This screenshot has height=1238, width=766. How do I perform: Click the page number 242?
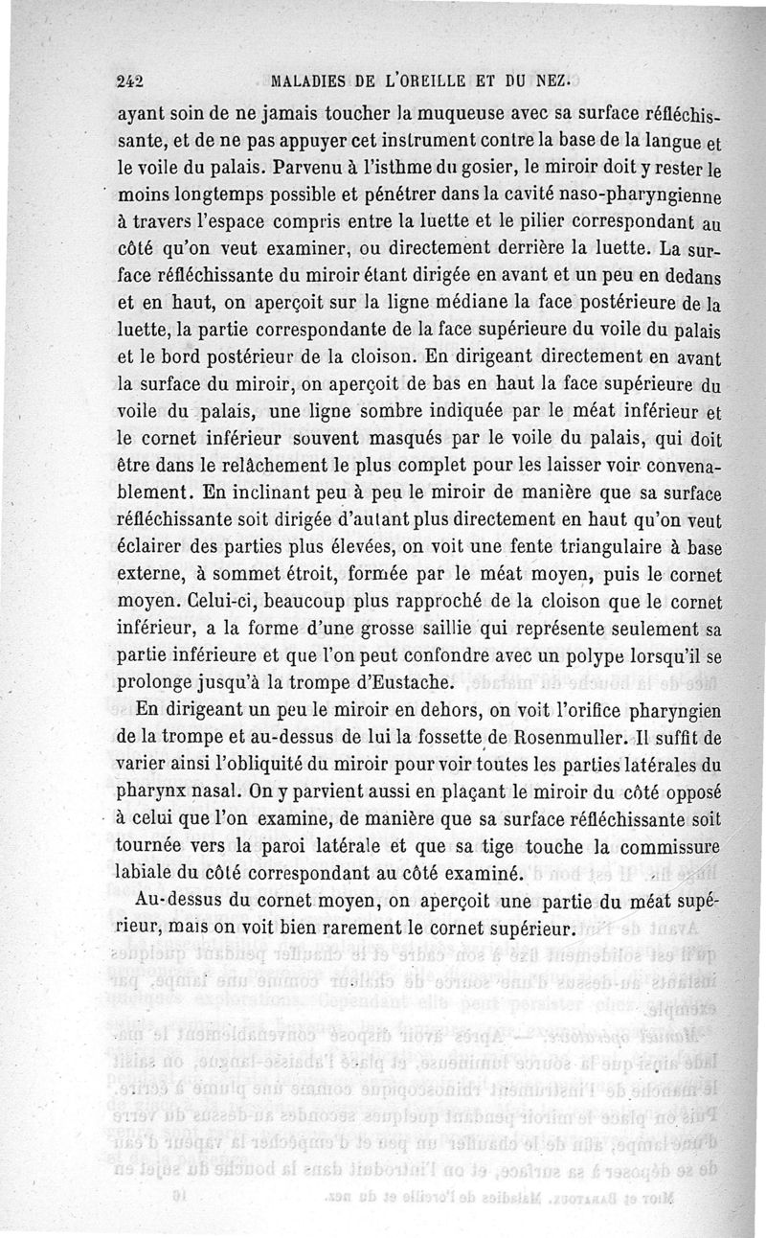[129, 80]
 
